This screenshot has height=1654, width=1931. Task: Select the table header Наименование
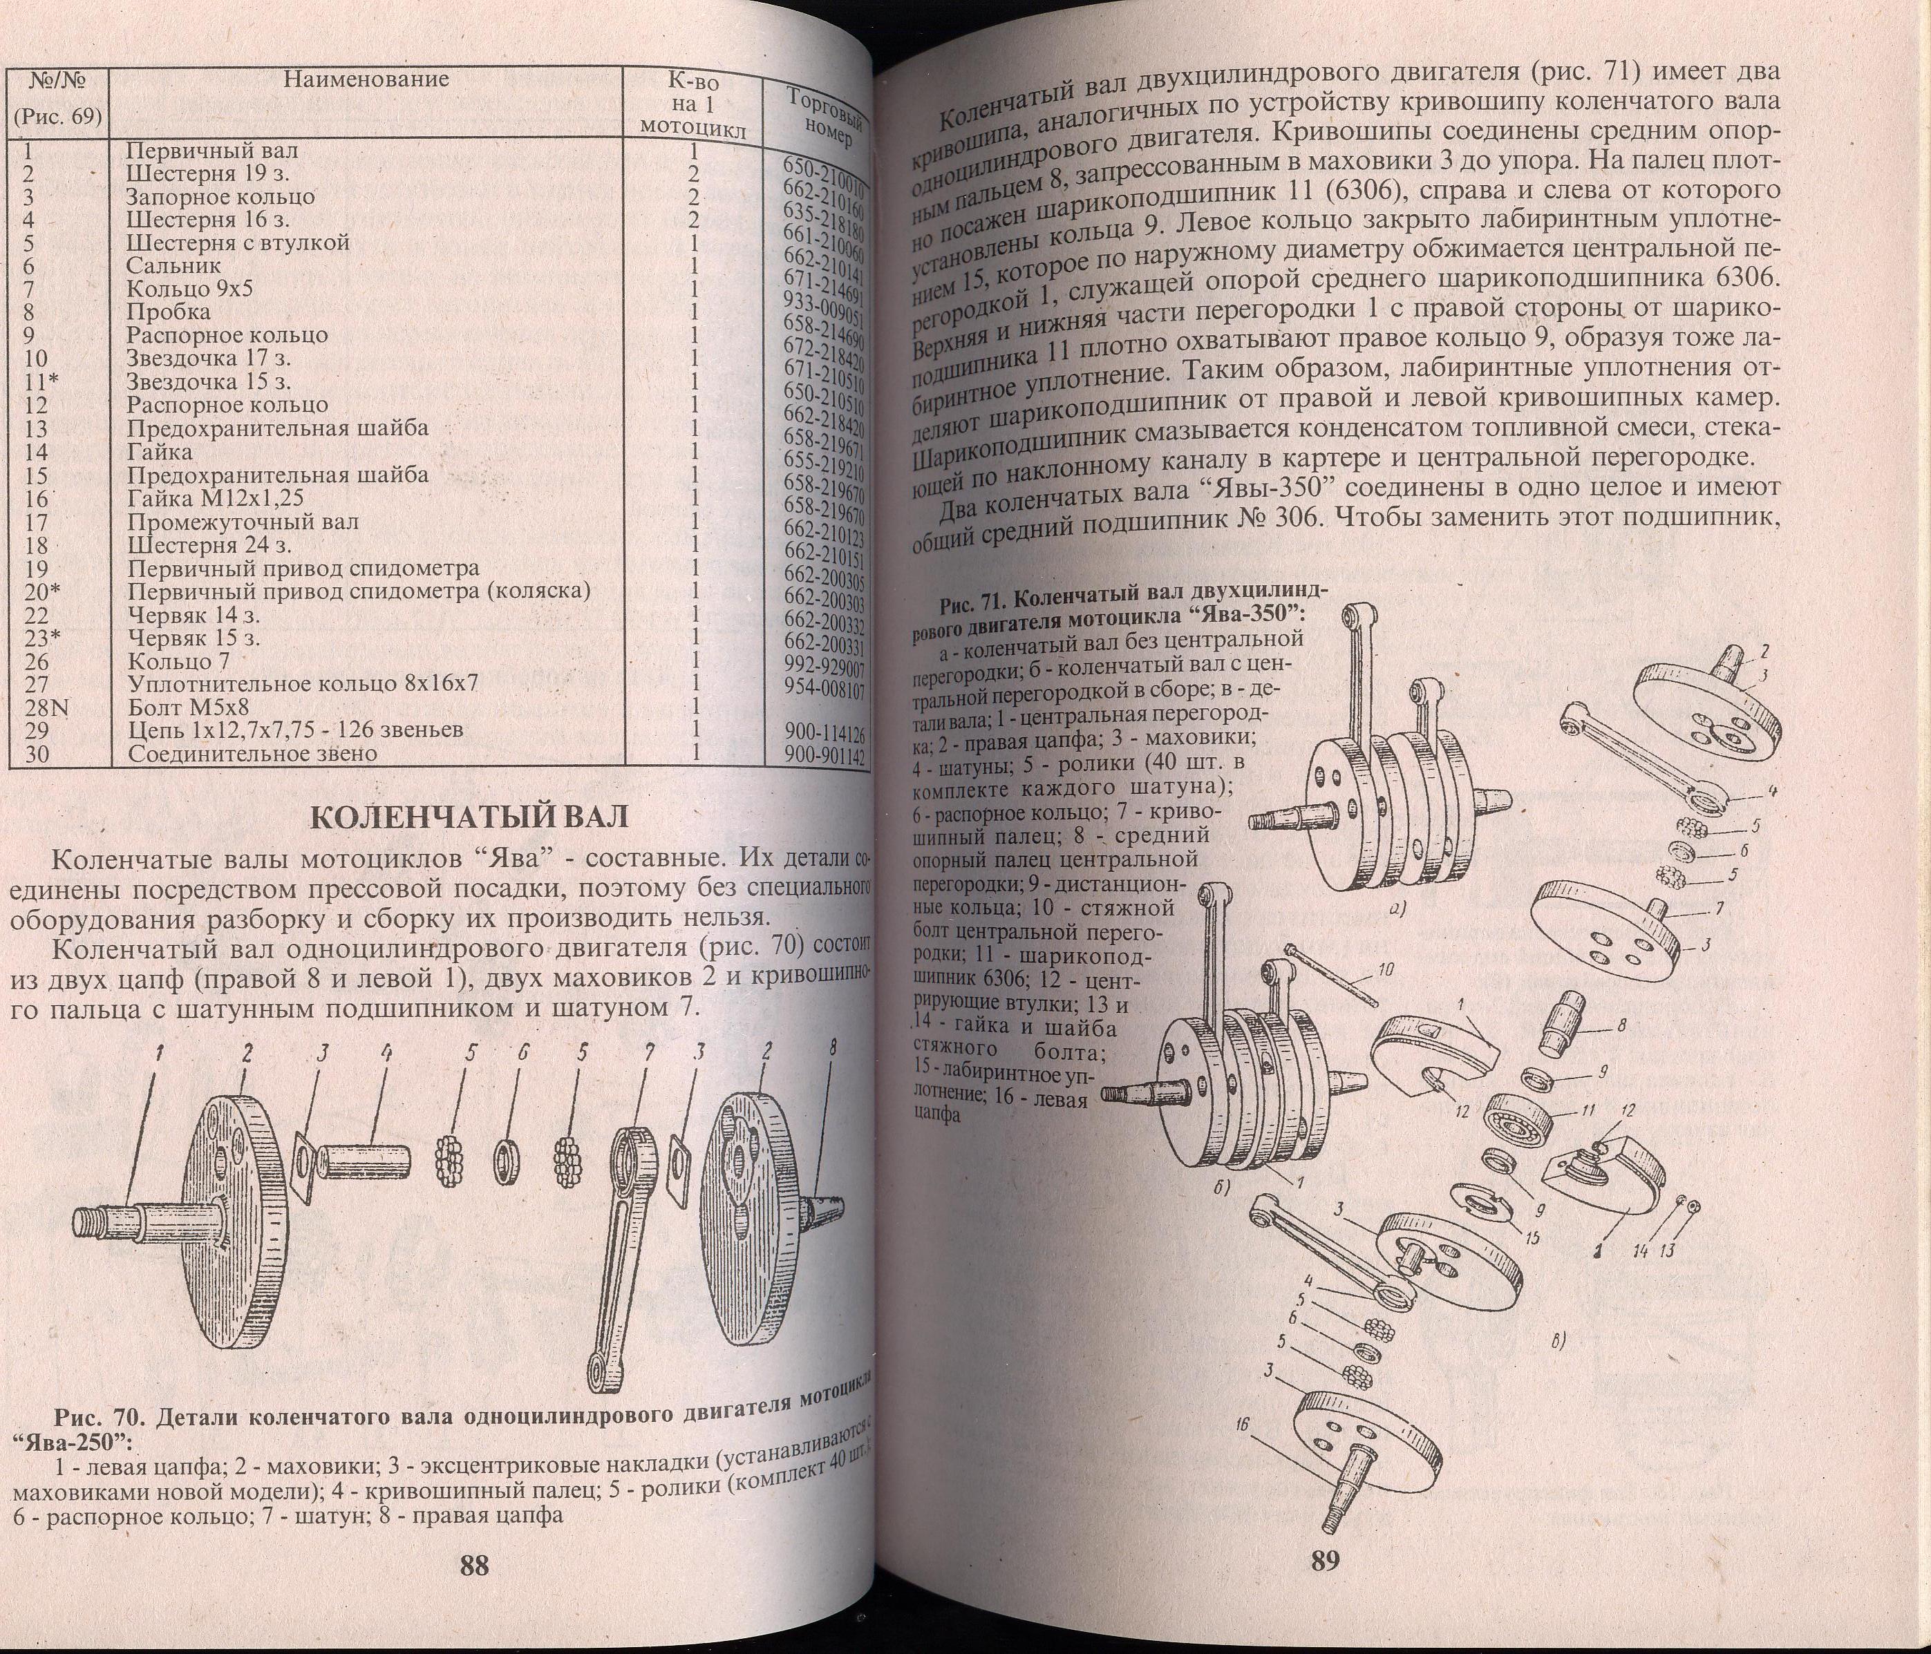point(366,79)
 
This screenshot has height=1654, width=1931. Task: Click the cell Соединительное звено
point(252,754)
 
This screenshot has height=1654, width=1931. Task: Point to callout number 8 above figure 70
point(833,1048)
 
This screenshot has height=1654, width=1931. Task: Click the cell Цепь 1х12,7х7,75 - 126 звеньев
point(295,730)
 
